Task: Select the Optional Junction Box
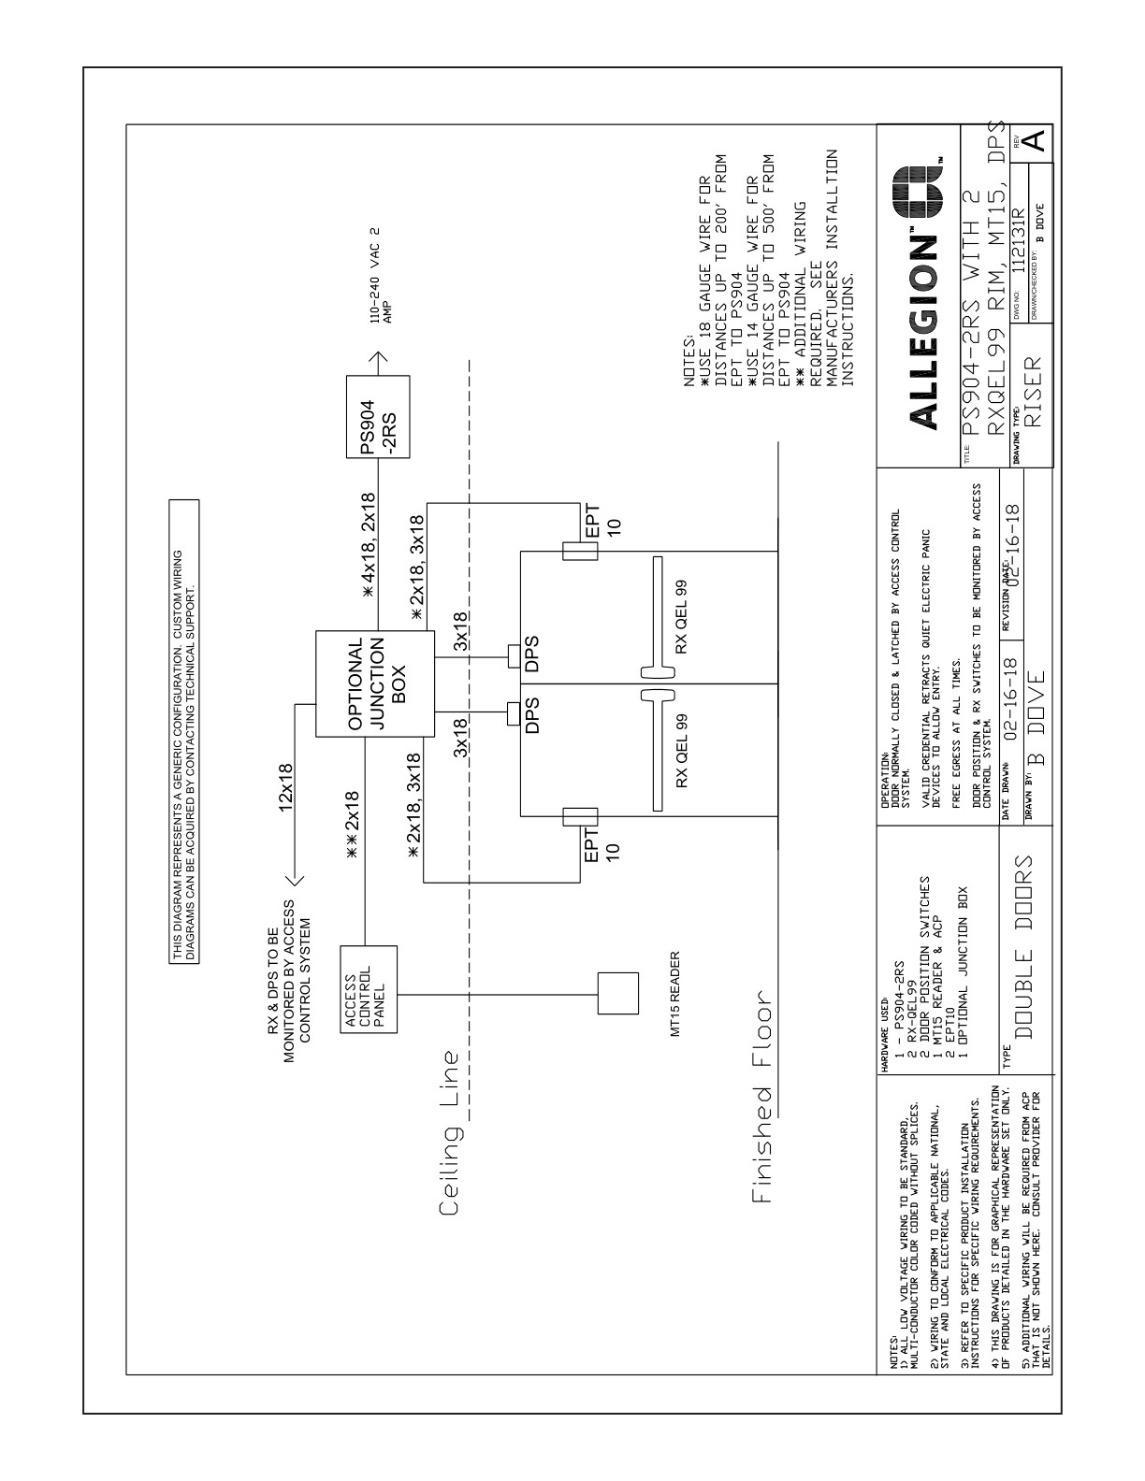[x=375, y=688]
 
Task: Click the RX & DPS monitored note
[x=289, y=969]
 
